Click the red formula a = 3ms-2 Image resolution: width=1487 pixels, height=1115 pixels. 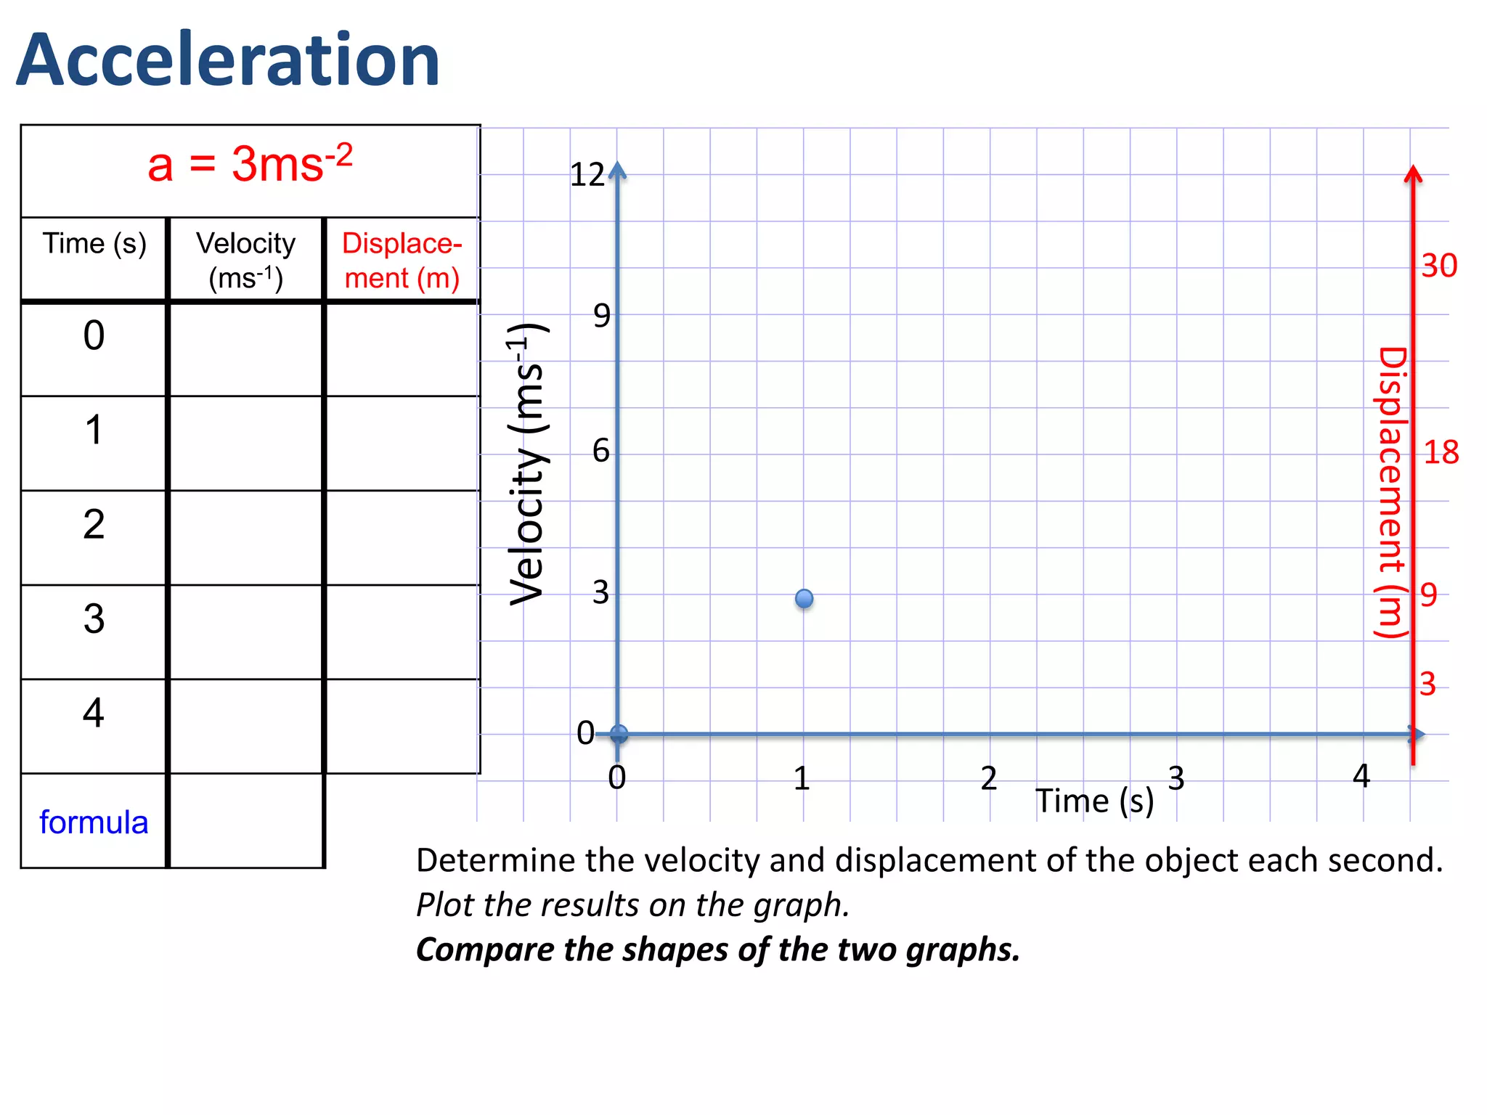250,164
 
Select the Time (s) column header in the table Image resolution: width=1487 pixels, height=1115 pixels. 94,244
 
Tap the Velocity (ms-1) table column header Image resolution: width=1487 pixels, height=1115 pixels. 246,260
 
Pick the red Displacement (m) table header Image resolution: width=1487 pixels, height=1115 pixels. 402,260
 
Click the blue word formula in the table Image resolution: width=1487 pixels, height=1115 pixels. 94,822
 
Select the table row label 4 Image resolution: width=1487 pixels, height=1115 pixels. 94,713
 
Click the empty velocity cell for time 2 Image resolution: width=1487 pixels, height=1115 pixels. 246,538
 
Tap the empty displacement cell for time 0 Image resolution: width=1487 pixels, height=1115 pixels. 402,349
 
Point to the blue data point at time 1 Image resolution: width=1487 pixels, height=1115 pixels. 804,599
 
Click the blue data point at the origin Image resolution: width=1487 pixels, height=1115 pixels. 619,734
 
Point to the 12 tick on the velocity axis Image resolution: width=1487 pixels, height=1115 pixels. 587,175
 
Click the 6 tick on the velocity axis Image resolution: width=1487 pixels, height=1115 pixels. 601,451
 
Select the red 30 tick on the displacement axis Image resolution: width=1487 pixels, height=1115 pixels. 1439,266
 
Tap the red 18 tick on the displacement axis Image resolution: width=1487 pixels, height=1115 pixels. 1441,453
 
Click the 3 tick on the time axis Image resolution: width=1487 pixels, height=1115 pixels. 1176,778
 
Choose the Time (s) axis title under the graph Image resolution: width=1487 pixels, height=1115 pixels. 1094,801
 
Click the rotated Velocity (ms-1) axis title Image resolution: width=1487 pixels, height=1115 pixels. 528,465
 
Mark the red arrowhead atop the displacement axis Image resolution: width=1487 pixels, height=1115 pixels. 1413,174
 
